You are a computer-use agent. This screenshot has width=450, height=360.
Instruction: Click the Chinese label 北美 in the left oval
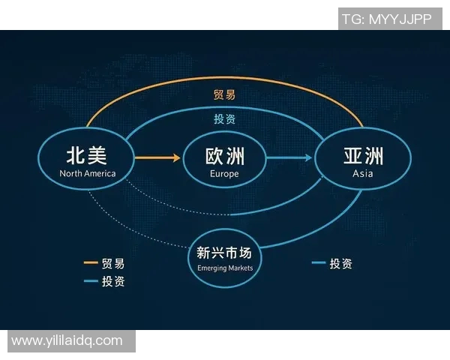tap(87, 155)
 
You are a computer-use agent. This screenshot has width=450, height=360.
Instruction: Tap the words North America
tap(88, 174)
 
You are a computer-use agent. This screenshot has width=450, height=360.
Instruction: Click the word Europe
tap(225, 174)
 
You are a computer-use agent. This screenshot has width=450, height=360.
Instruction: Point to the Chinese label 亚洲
tap(363, 156)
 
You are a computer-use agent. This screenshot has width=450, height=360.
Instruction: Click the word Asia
tap(363, 174)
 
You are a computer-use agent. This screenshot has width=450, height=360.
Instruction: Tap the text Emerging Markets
tap(225, 268)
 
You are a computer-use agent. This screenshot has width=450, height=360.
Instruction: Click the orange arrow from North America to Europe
tap(158, 157)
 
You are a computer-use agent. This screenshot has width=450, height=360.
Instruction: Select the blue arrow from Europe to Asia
tap(289, 157)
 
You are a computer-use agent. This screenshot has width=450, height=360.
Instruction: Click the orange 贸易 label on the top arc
tap(225, 95)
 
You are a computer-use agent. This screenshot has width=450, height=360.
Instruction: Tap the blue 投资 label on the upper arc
tap(225, 118)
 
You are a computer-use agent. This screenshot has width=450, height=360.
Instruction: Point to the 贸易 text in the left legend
tap(114, 263)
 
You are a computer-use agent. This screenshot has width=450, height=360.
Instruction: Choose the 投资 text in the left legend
tap(114, 281)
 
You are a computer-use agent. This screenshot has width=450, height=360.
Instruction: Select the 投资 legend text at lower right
tap(340, 263)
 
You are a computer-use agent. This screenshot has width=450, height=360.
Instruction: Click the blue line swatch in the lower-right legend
tap(318, 263)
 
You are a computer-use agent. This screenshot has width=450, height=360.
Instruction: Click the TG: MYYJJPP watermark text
tap(386, 19)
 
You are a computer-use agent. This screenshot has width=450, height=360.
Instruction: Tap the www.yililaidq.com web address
tap(67, 340)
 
